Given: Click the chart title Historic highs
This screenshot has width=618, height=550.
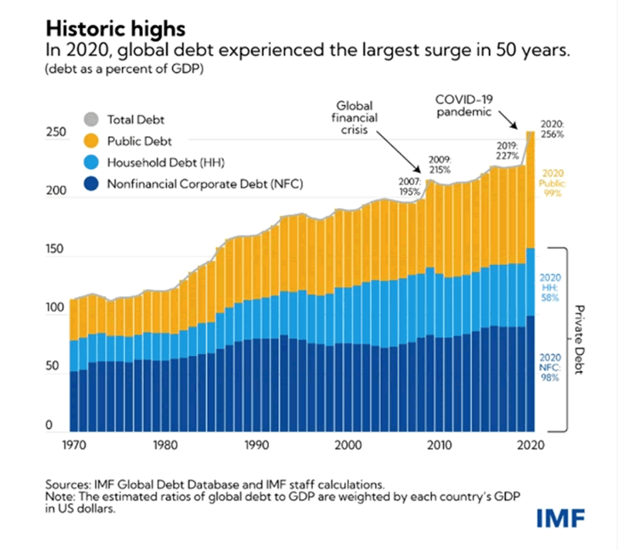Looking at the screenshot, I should (116, 29).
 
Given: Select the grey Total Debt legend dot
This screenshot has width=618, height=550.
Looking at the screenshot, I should (91, 121).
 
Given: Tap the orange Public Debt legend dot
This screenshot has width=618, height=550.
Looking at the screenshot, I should (91, 141).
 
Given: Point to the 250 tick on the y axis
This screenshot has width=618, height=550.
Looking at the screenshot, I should (55, 134).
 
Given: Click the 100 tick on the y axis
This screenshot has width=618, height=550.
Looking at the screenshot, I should (55, 309).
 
